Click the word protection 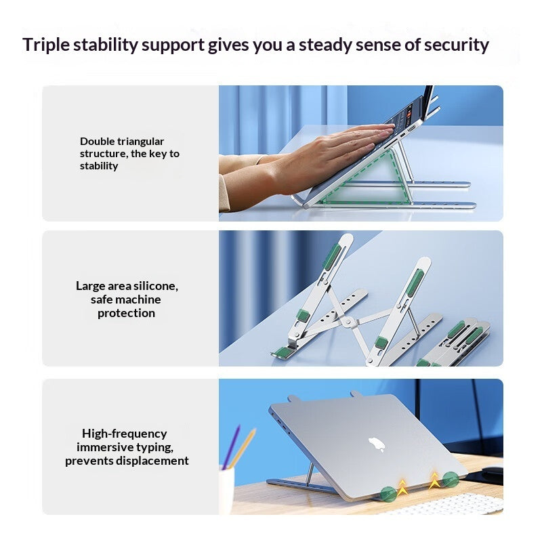[x=126, y=313]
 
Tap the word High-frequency [x=125, y=434]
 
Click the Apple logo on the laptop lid [x=376, y=444]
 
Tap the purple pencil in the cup [x=231, y=446]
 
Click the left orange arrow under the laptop [x=402, y=486]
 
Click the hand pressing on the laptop [x=325, y=152]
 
